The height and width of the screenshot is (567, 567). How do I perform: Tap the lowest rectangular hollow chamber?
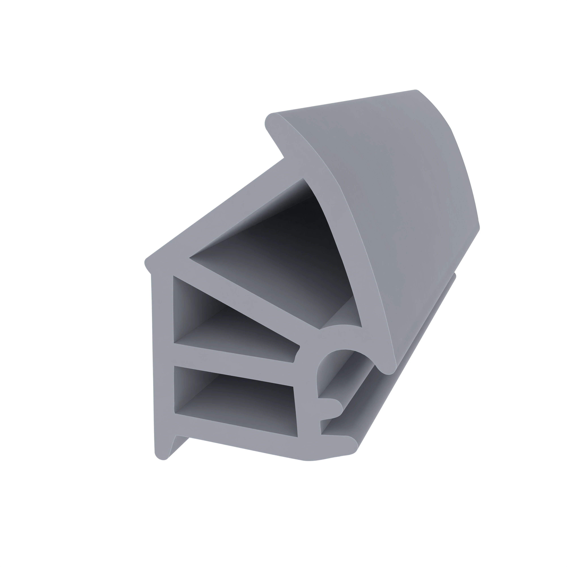coord(235,399)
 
